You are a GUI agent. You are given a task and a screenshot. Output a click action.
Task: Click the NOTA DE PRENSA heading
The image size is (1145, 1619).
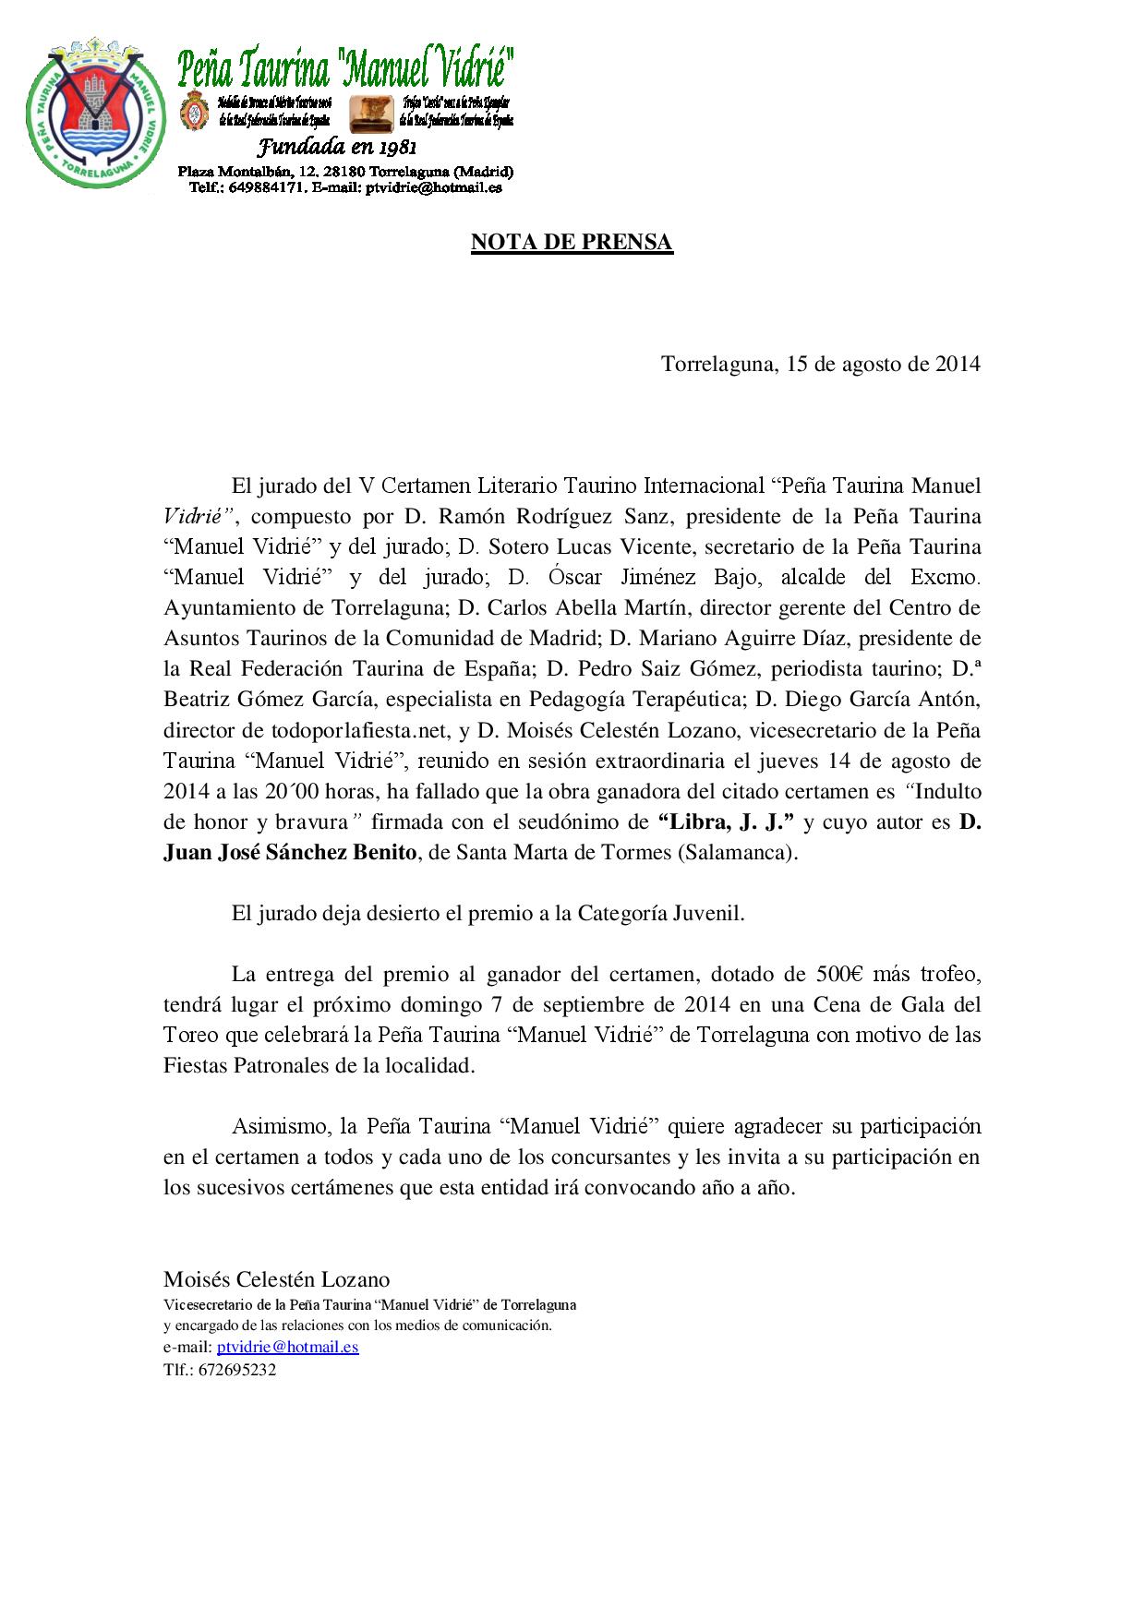tap(572, 242)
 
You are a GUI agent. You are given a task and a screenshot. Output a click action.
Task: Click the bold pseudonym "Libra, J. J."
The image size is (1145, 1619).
tap(726, 822)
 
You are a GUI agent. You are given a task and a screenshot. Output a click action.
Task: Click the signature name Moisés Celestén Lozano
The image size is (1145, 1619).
tap(276, 1279)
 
